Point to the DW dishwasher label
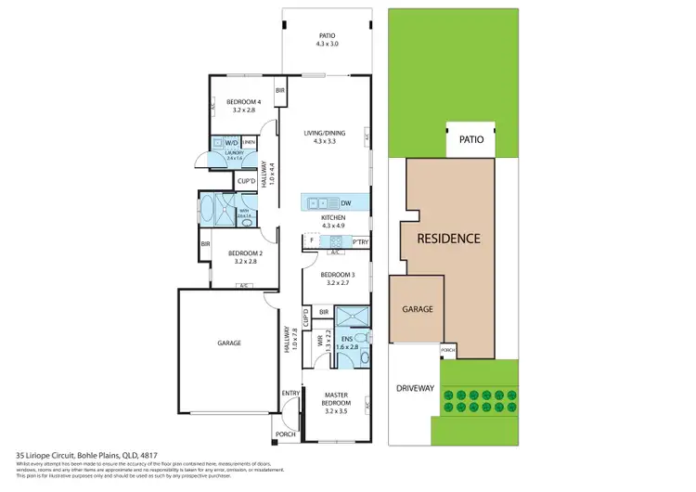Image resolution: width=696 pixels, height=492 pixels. pyautogui.click(x=345, y=203)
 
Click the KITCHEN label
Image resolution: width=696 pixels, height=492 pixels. pyautogui.click(x=333, y=220)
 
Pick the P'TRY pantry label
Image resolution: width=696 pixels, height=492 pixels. pyautogui.click(x=360, y=243)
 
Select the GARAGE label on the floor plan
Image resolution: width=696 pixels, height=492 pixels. pyautogui.click(x=228, y=343)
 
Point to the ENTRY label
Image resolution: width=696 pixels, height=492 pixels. pyautogui.click(x=291, y=392)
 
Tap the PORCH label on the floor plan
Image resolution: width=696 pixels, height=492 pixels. pyautogui.click(x=283, y=434)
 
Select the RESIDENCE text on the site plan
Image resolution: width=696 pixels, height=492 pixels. pyautogui.click(x=448, y=239)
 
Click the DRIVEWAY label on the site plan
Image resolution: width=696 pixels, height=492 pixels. pyautogui.click(x=415, y=388)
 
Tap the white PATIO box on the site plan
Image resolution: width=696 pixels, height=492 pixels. pyautogui.click(x=470, y=140)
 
